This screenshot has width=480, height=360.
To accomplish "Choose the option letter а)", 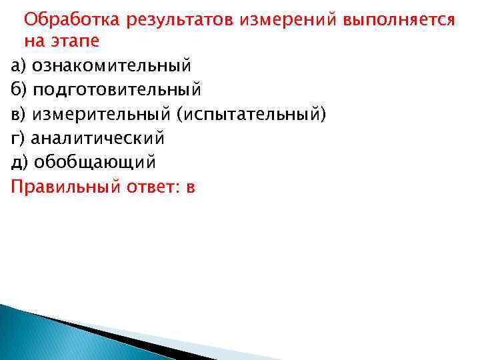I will click(18, 65).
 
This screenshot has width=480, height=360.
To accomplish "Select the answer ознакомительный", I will click(112, 65).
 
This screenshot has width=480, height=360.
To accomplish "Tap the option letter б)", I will click(18, 89).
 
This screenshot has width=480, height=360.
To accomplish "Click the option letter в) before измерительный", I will click(18, 114).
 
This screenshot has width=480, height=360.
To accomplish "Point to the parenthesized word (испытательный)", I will click(251, 114).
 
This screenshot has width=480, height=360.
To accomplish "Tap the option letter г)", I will click(17, 138).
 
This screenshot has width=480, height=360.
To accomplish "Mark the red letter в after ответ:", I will click(190, 187).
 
